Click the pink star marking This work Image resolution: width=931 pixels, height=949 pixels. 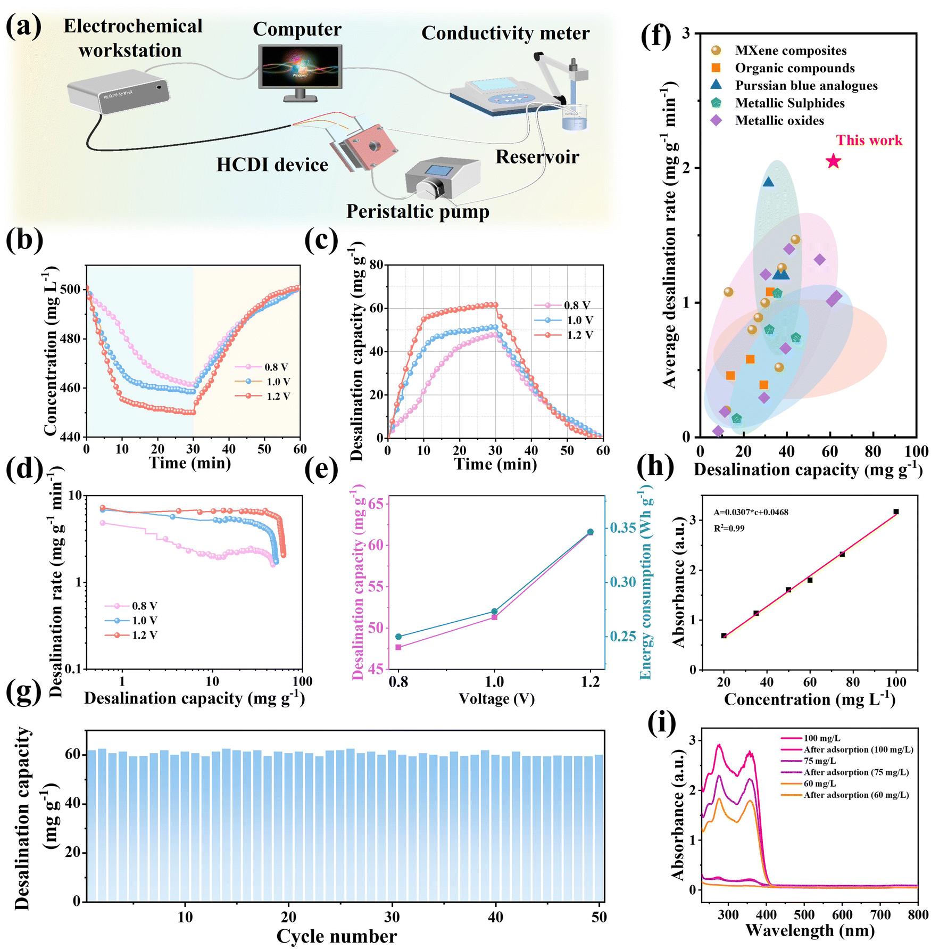tap(833, 161)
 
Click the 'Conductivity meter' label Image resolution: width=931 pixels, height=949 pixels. tap(505, 33)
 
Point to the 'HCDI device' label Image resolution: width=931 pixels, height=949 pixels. tap(272, 164)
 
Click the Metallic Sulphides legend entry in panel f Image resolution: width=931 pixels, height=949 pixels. tap(777, 103)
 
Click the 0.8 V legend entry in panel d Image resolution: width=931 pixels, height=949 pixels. tap(131, 606)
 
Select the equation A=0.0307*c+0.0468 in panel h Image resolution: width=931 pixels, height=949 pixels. tap(751, 512)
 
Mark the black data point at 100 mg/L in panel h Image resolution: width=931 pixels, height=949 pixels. tap(896, 511)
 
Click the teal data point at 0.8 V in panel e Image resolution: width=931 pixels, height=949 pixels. tap(398, 637)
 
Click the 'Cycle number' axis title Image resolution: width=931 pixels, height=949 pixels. tap(336, 936)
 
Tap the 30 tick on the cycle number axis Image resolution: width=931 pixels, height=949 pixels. tap(392, 916)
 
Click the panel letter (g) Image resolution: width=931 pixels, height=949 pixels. tap(24, 694)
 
